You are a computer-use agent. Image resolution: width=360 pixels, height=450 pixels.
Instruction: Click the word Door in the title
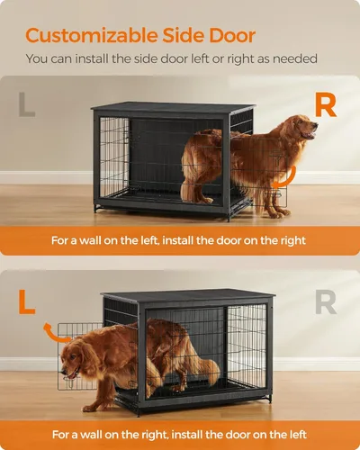click(229, 36)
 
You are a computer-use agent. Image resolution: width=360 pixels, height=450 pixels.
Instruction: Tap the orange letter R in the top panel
click(324, 105)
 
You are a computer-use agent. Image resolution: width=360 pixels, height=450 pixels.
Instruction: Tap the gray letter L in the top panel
click(27, 105)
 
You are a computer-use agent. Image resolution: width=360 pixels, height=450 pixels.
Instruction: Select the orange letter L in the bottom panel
click(27, 301)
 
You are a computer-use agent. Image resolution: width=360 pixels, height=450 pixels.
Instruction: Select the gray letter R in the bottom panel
click(325, 301)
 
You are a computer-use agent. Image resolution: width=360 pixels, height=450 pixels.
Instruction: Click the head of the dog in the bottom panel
click(76, 361)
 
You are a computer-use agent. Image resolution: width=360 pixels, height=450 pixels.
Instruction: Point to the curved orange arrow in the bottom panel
click(61, 335)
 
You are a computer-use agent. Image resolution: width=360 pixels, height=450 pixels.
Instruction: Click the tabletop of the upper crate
click(171, 107)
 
